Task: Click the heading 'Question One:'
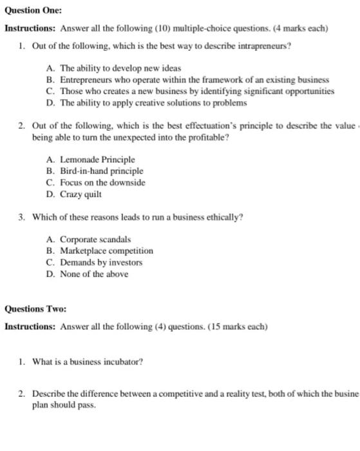click(34, 12)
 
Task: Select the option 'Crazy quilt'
click(81, 194)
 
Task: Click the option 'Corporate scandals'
click(95, 240)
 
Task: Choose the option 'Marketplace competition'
click(107, 251)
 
